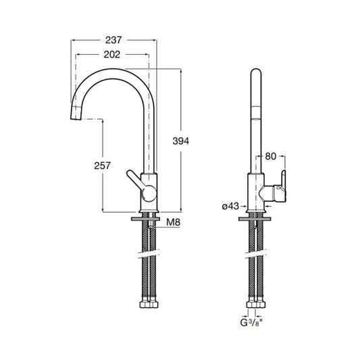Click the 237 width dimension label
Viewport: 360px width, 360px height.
pyautogui.click(x=115, y=38)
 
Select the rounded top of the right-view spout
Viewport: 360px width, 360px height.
pyautogui.click(x=257, y=72)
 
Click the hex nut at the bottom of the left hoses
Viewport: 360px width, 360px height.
pyautogui.click(x=148, y=307)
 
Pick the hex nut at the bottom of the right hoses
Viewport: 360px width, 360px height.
pyautogui.click(x=257, y=307)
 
